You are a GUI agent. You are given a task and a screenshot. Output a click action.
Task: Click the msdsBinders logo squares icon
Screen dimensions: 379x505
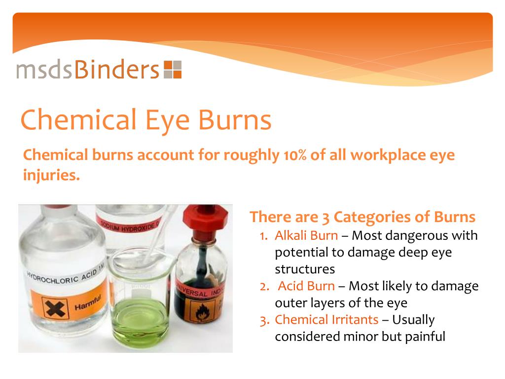(173, 70)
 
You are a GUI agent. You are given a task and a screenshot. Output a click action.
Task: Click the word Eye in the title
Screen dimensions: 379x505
(168, 120)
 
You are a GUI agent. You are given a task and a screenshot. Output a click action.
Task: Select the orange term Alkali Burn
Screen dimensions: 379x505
(306, 235)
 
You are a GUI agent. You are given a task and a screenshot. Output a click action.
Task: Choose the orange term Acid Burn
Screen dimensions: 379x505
(306, 286)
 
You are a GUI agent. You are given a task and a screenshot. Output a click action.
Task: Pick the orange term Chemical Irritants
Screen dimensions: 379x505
(326, 320)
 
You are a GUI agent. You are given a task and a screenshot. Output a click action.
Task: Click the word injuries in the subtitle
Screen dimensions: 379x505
(51, 175)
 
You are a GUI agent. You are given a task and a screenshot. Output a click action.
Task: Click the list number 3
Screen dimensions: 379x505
(264, 320)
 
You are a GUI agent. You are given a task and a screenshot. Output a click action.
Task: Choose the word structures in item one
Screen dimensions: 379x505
(305, 269)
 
